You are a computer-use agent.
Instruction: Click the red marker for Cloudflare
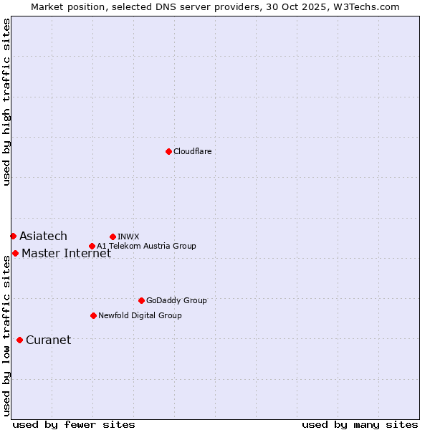point(168,151)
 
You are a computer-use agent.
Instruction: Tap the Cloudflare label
point(192,151)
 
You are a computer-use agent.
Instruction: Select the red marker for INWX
point(113,236)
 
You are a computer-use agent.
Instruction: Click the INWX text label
point(128,236)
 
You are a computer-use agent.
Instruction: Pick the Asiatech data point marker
point(13,236)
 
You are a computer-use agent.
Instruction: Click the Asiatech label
point(43,236)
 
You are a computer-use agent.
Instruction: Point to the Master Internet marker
point(15,253)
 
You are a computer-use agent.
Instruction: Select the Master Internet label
point(66,253)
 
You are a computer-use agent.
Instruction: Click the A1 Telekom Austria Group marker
point(92,246)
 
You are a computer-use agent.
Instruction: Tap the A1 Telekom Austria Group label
point(146,246)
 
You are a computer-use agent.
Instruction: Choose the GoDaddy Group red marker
point(141,300)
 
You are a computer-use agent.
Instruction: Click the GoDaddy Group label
point(176,300)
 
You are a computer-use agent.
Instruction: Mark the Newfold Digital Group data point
point(93,315)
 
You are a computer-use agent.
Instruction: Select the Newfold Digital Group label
point(140,315)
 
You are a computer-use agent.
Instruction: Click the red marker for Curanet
point(19,340)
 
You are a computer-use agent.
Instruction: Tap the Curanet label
point(48,340)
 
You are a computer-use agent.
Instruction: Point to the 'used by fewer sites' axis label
point(74,424)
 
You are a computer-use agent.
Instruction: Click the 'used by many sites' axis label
point(360,424)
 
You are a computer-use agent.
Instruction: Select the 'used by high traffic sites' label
point(6,102)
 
